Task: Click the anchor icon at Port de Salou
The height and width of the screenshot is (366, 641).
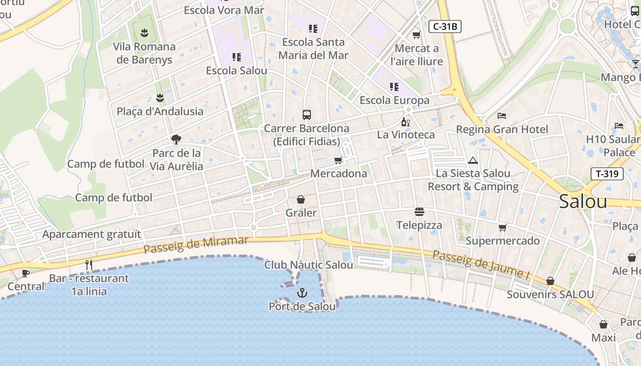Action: [x=302, y=293]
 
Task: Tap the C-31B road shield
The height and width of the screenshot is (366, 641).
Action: [x=445, y=27]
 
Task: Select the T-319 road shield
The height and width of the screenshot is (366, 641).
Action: [x=607, y=174]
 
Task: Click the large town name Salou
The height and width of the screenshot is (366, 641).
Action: [x=583, y=202]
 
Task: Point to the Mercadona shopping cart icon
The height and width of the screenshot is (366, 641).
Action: [x=338, y=160]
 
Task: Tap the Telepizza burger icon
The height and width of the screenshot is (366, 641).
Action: [x=419, y=211]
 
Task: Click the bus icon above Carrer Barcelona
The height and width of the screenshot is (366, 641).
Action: [x=307, y=115]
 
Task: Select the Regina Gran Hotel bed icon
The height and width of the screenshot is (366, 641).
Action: [x=502, y=116]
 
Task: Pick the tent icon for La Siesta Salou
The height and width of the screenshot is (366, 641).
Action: [x=473, y=160]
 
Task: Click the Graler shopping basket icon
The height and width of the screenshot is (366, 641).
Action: [x=301, y=199]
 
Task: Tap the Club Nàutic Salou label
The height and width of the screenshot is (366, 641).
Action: [x=309, y=265]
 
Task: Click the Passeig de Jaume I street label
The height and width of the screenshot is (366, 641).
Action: [x=481, y=264]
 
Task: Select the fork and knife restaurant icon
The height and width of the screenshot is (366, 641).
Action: [x=89, y=264]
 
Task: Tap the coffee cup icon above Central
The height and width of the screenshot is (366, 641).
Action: [x=26, y=273]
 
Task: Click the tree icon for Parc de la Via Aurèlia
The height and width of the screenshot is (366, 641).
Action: [x=176, y=140]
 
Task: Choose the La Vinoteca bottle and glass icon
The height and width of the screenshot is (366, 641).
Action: [x=405, y=122]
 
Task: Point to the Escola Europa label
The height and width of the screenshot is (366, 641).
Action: [x=395, y=100]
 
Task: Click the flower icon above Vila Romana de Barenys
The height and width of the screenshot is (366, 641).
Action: [x=144, y=33]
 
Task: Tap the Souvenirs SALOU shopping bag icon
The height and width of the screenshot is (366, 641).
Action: [x=550, y=281]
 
